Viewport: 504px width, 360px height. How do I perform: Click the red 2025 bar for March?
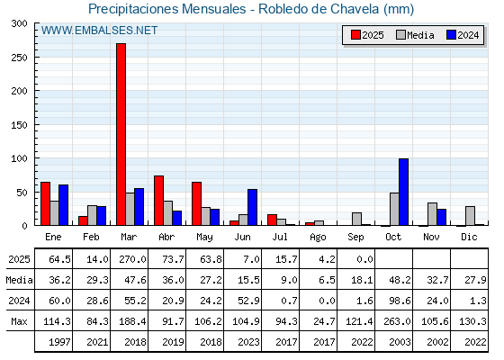pyautogui.click(x=121, y=134)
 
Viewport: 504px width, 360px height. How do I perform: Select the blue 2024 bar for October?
pyautogui.click(x=404, y=192)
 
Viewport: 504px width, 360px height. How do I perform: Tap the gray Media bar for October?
pyautogui.click(x=394, y=209)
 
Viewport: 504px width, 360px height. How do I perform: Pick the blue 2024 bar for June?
pyautogui.click(x=252, y=207)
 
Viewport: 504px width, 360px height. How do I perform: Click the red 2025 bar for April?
pyautogui.click(x=158, y=201)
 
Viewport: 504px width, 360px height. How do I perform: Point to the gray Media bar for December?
pyautogui.click(x=470, y=216)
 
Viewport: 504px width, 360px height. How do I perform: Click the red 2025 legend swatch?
pyautogui.click(x=355, y=35)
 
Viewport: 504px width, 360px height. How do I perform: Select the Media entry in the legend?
pyautogui.click(x=415, y=35)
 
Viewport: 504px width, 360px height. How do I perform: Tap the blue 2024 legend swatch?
pyautogui.click(x=451, y=35)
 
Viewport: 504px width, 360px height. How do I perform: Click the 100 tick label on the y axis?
pyautogui.click(x=19, y=158)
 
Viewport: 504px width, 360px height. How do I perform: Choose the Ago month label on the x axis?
pyautogui.click(x=318, y=238)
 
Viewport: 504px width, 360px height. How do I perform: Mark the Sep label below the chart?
pyautogui.click(x=355, y=237)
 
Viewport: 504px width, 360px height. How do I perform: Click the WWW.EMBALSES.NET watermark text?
pyautogui.click(x=99, y=31)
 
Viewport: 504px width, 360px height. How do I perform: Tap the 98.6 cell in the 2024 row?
pyautogui.click(x=400, y=301)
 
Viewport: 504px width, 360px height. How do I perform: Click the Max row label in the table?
pyautogui.click(x=19, y=321)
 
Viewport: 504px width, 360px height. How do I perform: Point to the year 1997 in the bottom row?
pyautogui.click(x=59, y=342)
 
